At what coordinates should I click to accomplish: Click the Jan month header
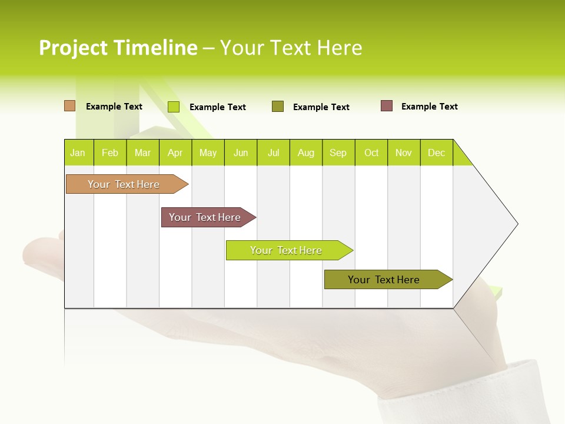click(78, 153)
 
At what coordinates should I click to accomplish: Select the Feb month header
click(110, 153)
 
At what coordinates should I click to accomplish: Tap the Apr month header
click(175, 153)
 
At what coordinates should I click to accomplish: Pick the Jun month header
click(241, 153)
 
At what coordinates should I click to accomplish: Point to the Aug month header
click(306, 153)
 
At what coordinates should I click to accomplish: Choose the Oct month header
click(371, 153)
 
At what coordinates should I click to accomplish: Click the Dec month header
click(437, 153)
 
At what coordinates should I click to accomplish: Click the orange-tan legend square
click(69, 106)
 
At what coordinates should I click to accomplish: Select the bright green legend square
click(174, 107)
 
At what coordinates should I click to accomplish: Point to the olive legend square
click(278, 107)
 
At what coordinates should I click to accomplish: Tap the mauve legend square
click(387, 106)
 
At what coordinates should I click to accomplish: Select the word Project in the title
click(73, 48)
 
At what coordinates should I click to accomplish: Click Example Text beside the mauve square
click(429, 107)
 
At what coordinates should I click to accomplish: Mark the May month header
click(208, 153)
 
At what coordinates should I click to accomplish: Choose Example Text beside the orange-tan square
click(114, 107)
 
